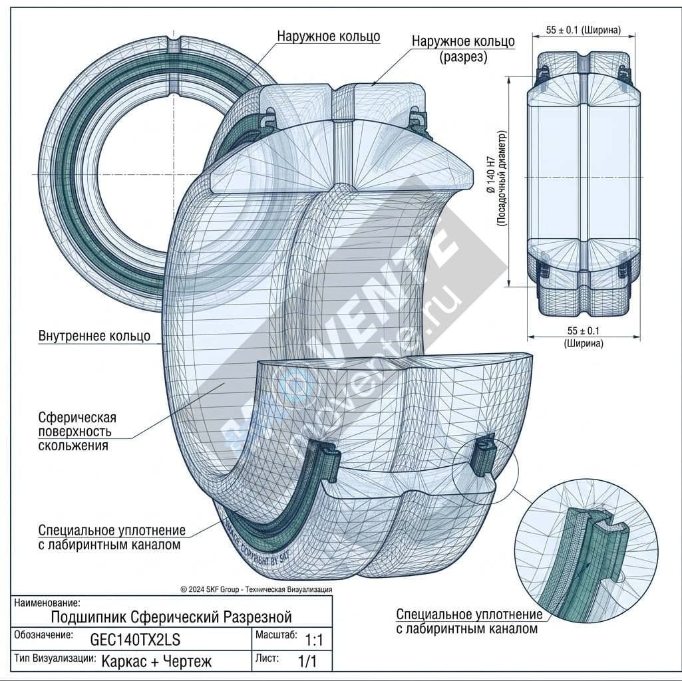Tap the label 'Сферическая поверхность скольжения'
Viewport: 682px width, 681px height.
tap(77, 431)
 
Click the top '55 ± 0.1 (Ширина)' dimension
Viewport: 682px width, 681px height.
tap(584, 30)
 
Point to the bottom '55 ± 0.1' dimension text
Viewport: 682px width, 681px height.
tap(584, 331)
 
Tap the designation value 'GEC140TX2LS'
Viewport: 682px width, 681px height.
tap(135, 639)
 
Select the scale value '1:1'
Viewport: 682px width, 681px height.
tap(313, 640)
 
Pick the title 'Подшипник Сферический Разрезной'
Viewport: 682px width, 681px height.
tap(172, 616)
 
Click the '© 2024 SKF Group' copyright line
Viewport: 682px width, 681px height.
tap(256, 589)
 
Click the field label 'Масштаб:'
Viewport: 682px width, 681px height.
tap(276, 634)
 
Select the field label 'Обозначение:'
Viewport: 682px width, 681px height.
tap(43, 635)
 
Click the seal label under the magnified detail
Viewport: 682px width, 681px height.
tap(468, 621)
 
